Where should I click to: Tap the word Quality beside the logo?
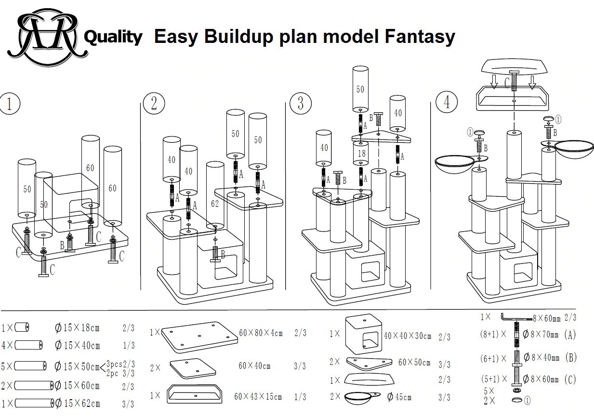113,37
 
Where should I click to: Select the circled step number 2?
154,104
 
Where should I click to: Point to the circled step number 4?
446,103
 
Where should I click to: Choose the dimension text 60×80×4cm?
261,333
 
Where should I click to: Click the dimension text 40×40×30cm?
408,336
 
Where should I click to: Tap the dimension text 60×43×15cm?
258,397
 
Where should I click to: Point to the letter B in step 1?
62,245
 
